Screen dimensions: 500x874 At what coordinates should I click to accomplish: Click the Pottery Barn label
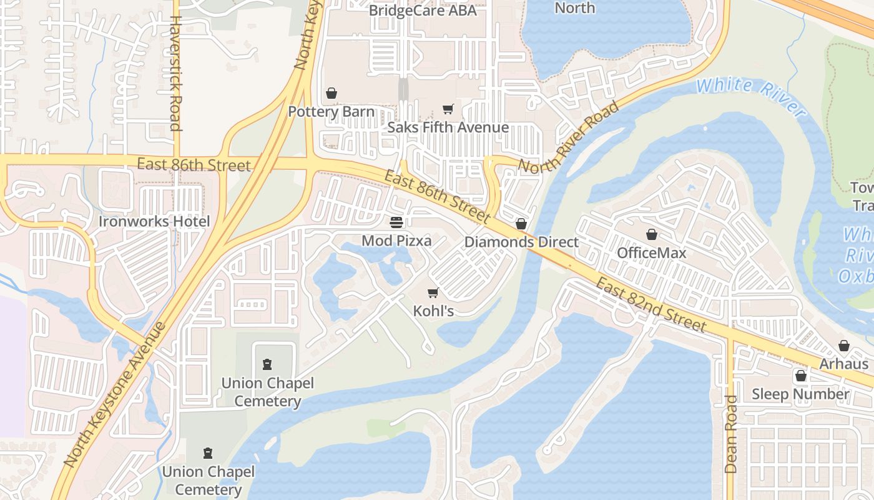pyautogui.click(x=331, y=112)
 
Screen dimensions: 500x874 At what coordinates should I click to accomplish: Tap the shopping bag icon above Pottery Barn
pyautogui.click(x=331, y=93)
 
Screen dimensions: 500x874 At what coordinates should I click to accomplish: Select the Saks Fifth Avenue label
pyautogui.click(x=448, y=127)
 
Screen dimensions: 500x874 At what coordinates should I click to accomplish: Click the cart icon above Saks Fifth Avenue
pyautogui.click(x=448, y=109)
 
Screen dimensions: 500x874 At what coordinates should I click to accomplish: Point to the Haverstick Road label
pyautogui.click(x=175, y=73)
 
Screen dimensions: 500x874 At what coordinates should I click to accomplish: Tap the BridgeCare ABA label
pyautogui.click(x=422, y=11)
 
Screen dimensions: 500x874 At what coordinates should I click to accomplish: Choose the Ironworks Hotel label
pyautogui.click(x=154, y=221)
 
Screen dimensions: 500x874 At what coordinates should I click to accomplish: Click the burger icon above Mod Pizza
pyautogui.click(x=396, y=222)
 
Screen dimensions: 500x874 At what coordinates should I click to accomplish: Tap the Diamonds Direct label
pyautogui.click(x=521, y=242)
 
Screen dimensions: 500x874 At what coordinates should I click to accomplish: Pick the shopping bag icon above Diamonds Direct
pyautogui.click(x=521, y=224)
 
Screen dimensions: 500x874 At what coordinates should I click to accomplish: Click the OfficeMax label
pyautogui.click(x=651, y=252)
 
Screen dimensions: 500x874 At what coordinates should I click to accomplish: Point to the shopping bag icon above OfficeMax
pyautogui.click(x=652, y=234)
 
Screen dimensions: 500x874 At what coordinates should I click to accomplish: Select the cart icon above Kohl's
pyautogui.click(x=433, y=292)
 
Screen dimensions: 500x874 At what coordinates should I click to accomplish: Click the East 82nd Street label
pyautogui.click(x=650, y=305)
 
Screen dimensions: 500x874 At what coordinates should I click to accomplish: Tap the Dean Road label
pyautogui.click(x=731, y=434)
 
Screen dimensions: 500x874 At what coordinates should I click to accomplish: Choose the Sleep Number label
pyautogui.click(x=800, y=394)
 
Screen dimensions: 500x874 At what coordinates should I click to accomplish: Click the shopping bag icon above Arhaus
pyautogui.click(x=844, y=346)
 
